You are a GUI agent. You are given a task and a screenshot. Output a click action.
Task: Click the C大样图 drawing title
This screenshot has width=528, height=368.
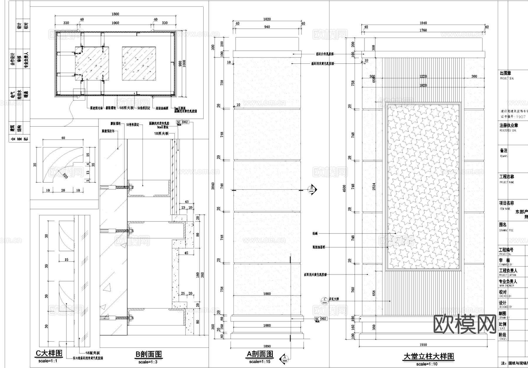point(49,353)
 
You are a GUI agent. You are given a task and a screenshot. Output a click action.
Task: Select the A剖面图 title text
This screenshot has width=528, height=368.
point(260,354)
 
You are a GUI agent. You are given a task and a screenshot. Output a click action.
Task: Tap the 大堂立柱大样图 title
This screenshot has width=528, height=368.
point(429,357)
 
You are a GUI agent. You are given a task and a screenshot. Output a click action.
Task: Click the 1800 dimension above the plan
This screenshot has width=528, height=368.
point(115,14)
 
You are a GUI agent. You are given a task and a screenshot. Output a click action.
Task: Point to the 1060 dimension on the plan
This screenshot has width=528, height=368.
point(115,23)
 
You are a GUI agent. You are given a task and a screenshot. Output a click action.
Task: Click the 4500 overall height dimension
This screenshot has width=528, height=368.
point(344,188)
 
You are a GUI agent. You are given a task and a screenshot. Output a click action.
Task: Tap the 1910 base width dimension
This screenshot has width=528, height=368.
point(423,345)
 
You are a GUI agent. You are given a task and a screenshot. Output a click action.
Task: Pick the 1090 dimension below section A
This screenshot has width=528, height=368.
point(267,346)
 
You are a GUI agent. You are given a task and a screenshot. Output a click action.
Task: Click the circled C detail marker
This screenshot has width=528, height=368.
point(324,300)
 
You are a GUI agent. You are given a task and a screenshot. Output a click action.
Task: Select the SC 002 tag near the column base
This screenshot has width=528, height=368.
point(320,319)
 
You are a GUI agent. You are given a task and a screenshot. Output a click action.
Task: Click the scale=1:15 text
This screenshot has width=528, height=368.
point(260,362)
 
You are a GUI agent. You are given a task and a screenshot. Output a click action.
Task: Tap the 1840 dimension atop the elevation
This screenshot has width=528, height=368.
point(423,23)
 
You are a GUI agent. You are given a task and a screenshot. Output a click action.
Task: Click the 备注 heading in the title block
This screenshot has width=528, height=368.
point(503,150)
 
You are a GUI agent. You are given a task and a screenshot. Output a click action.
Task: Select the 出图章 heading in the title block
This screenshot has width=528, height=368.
point(505,73)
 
